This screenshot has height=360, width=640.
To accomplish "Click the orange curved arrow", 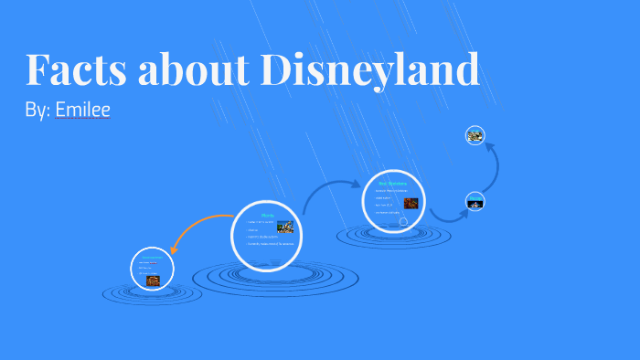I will pyautogui.click(x=196, y=228).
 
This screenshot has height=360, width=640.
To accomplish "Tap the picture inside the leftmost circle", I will pyautogui.click(x=153, y=281).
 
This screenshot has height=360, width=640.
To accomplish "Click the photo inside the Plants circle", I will pyautogui.click(x=285, y=227).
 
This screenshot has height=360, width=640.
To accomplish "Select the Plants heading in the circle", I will pyautogui.click(x=267, y=217).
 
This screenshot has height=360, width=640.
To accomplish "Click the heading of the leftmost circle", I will pyautogui.click(x=152, y=259).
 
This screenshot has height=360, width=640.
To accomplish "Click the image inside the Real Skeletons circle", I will pyautogui.click(x=411, y=203).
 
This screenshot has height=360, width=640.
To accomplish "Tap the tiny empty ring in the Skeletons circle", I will pyautogui.click(x=403, y=222).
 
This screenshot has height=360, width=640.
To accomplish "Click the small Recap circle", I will pyautogui.click(x=475, y=200).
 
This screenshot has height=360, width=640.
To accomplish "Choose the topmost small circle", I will pyautogui.click(x=475, y=135).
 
